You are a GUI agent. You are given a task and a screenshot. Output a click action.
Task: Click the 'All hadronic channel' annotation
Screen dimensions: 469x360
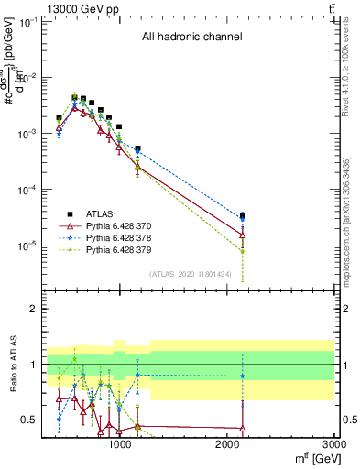coord(191,38)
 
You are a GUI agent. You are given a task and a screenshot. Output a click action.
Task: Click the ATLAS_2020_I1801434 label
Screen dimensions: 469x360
coord(188,274)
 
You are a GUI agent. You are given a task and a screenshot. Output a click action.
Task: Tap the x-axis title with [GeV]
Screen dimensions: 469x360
coord(306,459)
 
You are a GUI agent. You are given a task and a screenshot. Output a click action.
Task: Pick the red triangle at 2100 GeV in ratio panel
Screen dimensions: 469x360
coord(242,428)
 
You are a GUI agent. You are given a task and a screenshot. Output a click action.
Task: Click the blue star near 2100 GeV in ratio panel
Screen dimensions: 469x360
coord(242,376)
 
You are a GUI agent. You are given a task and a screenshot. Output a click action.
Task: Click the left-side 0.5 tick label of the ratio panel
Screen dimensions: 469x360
coord(30,420)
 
